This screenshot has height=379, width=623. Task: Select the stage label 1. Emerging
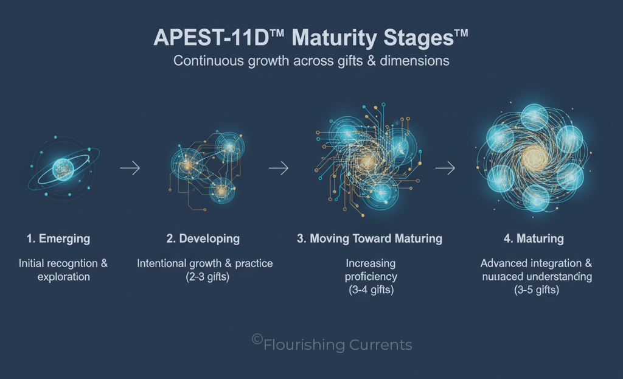coord(58,238)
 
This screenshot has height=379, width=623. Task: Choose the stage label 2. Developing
coord(203,238)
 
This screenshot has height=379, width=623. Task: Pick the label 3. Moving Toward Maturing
coord(369,238)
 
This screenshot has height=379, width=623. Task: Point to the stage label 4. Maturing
coord(534,238)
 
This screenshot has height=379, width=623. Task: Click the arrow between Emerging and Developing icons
coord(130,168)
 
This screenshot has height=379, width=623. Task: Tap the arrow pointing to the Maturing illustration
coord(445,168)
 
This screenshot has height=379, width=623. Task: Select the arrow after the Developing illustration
coord(279,168)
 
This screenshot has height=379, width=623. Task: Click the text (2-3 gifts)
coord(207,277)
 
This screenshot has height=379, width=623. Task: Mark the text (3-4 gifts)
coord(371,290)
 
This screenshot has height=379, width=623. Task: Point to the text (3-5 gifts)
coord(537,290)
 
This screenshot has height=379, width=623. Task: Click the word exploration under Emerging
coord(63,277)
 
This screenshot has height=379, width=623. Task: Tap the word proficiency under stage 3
coord(371,277)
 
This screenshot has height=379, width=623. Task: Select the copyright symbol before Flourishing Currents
coord(257,339)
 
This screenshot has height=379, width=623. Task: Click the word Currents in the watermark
coord(381,345)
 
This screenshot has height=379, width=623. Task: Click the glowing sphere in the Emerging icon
coord(63,170)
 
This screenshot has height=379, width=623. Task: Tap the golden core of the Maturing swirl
coord(534,158)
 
